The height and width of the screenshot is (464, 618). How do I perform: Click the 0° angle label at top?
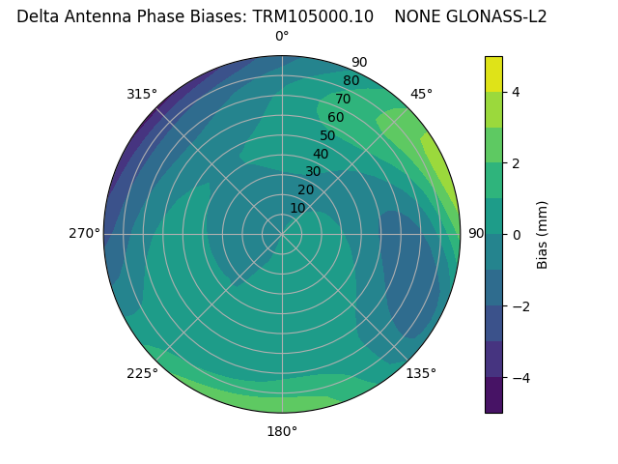[x=282, y=37]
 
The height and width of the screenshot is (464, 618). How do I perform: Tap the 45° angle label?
[x=421, y=94]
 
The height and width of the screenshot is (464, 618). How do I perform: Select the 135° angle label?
[x=421, y=373]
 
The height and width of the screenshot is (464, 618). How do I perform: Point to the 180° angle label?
[x=282, y=431]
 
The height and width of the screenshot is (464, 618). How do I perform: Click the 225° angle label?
[x=142, y=373]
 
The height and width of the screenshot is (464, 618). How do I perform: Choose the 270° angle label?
[x=84, y=233]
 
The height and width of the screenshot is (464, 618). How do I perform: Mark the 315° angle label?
[x=142, y=94]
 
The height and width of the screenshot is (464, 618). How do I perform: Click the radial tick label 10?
[x=297, y=208]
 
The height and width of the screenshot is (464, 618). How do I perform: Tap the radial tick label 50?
[x=327, y=135]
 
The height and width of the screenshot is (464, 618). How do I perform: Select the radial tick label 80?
[x=351, y=80]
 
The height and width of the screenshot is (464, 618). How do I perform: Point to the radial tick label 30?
[x=313, y=172]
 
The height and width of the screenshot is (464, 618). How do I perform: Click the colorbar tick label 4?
[x=517, y=92]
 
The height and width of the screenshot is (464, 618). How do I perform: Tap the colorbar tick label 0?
[x=517, y=235]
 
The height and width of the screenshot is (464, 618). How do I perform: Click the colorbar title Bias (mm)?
[x=543, y=235]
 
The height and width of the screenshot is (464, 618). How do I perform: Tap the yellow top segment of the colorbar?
[x=493, y=73]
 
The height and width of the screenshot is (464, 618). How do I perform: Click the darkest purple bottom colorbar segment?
[x=493, y=394]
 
